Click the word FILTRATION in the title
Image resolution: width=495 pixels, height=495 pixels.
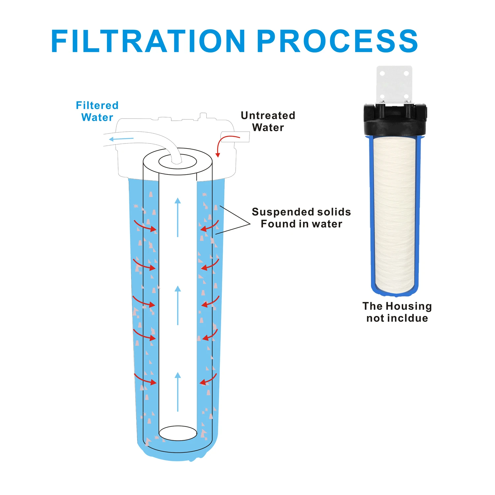click(148, 41)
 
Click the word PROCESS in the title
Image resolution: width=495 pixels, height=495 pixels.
click(337, 41)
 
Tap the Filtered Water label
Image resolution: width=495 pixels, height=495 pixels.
click(97, 111)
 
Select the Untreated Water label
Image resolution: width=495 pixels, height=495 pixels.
click(268, 121)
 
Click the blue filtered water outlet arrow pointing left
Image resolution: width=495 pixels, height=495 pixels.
click(121, 139)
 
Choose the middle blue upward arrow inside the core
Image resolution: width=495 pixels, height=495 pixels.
click(178, 305)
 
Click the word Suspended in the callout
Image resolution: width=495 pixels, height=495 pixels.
click(279, 212)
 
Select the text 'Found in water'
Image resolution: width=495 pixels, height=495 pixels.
click(301, 224)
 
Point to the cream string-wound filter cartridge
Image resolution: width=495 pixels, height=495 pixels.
click(395, 214)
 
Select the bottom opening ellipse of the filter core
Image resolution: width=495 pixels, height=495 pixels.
click(178, 433)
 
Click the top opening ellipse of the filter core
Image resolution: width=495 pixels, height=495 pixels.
click(178, 162)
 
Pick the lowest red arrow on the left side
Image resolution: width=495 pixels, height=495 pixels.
click(145, 379)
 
